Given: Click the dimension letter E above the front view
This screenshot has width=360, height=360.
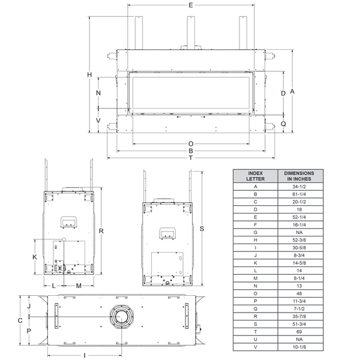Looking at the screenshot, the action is coord(191,5).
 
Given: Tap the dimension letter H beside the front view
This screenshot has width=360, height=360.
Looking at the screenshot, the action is coord(89,74).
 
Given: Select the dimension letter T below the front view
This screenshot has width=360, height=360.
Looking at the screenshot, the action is coord(191,158).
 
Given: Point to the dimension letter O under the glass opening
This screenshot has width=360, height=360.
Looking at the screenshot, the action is coord(191,144).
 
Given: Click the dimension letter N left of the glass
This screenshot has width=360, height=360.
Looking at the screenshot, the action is coord(98,93).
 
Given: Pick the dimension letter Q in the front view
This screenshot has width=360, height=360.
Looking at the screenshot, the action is coord(284,124).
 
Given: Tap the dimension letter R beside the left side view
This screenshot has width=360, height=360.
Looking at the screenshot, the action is coord(101,231).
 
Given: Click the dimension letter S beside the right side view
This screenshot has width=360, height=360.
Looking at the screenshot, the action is coord(202,229).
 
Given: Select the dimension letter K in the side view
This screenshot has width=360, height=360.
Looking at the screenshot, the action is coord(35,257).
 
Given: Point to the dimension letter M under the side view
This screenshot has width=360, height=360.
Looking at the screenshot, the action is coord(79,286).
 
